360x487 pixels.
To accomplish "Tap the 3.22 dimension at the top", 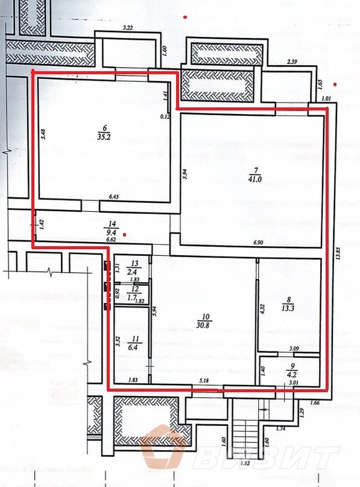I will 127,28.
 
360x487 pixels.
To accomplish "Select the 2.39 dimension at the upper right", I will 292,62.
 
